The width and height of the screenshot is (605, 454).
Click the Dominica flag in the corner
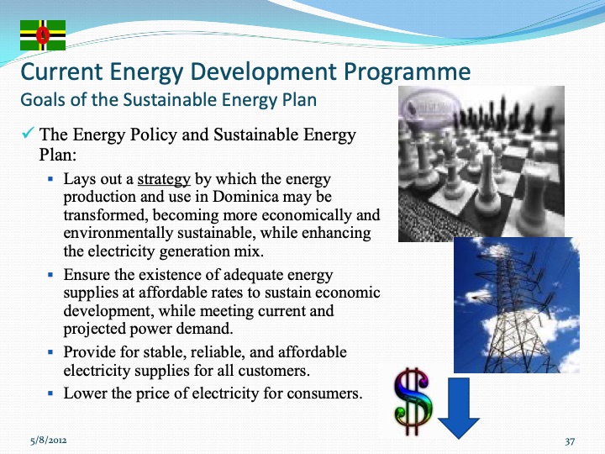[43, 35]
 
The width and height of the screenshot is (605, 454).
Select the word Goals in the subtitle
[42, 100]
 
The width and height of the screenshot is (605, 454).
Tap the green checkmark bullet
[27, 135]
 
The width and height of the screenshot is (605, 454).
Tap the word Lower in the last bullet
[86, 393]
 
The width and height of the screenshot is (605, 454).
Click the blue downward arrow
[459, 409]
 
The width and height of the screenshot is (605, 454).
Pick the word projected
[95, 329]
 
